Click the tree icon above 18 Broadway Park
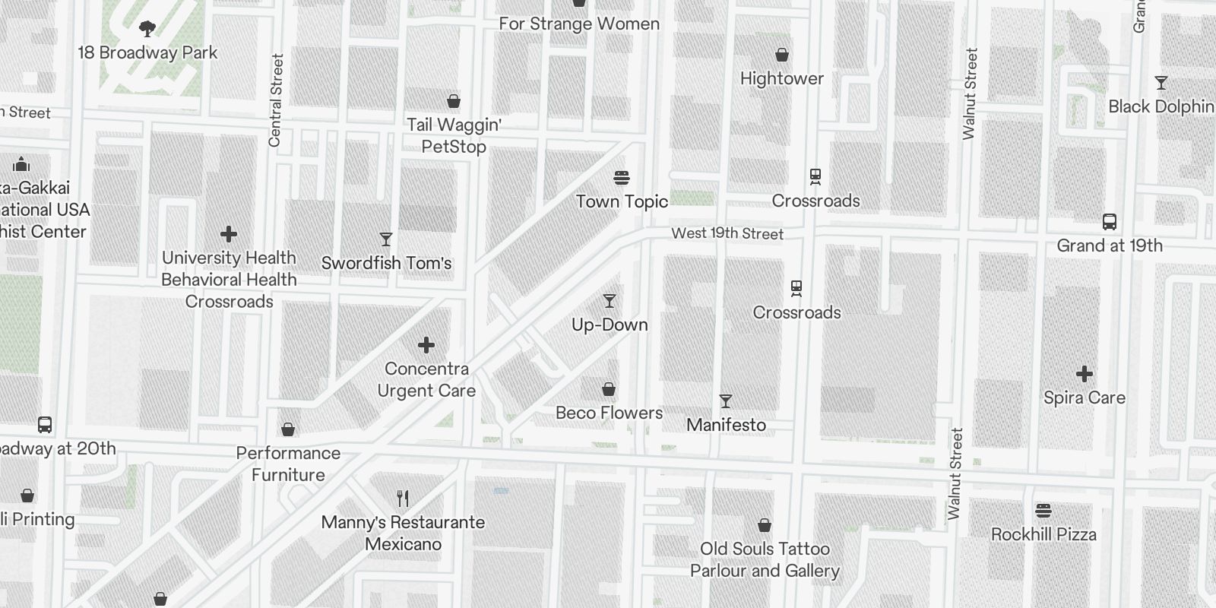(x=147, y=30)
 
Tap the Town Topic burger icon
(x=622, y=178)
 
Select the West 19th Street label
(x=727, y=233)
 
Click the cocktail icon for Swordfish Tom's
(x=386, y=239)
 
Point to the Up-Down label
(x=610, y=325)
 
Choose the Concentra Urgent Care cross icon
(x=426, y=346)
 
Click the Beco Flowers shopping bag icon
(x=609, y=389)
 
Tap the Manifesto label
(x=726, y=425)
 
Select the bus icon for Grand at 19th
(x=1110, y=222)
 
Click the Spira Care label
(x=1084, y=397)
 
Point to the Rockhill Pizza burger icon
(x=1043, y=511)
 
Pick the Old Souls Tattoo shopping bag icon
(x=765, y=525)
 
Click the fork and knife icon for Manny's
(x=403, y=499)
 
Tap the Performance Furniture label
(x=288, y=464)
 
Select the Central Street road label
(x=276, y=100)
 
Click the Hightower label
(x=781, y=78)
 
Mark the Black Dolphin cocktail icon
(x=1161, y=83)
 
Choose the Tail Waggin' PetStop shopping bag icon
(x=454, y=101)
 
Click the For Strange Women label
(x=579, y=24)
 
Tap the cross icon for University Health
(x=229, y=234)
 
